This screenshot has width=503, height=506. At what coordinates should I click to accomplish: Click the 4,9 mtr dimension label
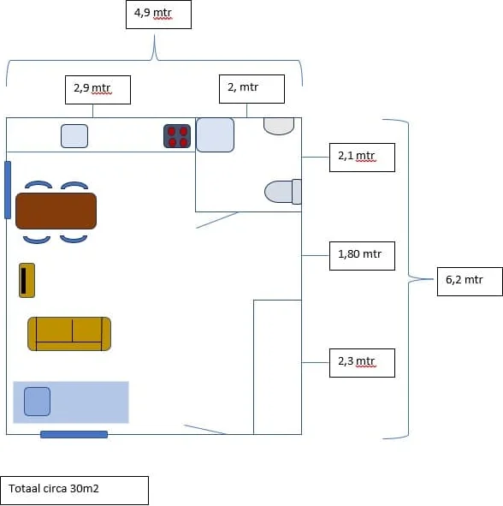point(158,15)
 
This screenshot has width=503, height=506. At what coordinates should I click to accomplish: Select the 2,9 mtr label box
point(98,90)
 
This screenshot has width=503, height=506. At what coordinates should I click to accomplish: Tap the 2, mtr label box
point(251,89)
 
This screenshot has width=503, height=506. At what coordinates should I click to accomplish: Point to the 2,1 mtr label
point(362,158)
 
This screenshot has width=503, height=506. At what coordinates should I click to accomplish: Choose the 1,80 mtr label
point(362,256)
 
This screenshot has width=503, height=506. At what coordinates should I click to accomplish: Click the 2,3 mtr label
point(362,363)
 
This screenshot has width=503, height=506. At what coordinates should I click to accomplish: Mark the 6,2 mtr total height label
point(470,282)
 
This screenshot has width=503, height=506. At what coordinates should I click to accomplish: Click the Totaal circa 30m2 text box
point(74,491)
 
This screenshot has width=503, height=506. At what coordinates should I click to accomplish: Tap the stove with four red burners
point(177,136)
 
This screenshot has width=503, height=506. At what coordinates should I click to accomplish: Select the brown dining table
point(56,211)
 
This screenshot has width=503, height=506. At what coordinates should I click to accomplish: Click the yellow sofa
point(69,334)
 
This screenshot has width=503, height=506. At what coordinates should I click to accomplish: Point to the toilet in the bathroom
point(283,192)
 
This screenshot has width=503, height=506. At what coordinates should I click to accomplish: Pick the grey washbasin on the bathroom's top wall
point(279,126)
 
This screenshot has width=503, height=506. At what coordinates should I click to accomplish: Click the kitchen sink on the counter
point(74,136)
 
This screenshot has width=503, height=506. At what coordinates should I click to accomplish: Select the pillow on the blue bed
point(37,402)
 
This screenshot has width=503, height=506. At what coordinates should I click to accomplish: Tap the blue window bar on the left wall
point(8,190)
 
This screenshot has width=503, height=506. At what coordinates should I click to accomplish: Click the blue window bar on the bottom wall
point(74,434)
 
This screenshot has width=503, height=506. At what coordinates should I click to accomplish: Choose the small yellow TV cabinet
point(27,281)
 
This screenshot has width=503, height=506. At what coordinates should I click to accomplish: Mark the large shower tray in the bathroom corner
point(215,135)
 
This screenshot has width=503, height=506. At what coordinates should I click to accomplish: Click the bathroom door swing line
point(216,220)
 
